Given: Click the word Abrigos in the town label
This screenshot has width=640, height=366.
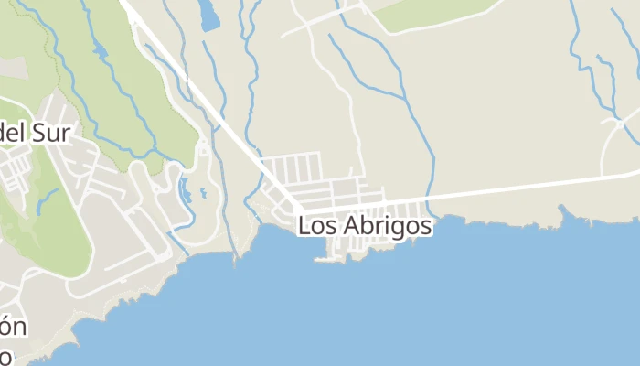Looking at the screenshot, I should (x=384, y=225).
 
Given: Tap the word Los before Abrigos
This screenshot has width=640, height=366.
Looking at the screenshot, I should (x=315, y=225).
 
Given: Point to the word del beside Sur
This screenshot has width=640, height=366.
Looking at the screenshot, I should (x=12, y=134).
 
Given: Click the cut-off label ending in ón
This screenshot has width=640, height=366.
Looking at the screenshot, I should (x=12, y=328).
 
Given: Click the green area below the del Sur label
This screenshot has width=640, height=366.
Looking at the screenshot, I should (x=50, y=229).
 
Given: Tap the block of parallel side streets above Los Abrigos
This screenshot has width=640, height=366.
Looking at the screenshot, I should (x=291, y=168).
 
